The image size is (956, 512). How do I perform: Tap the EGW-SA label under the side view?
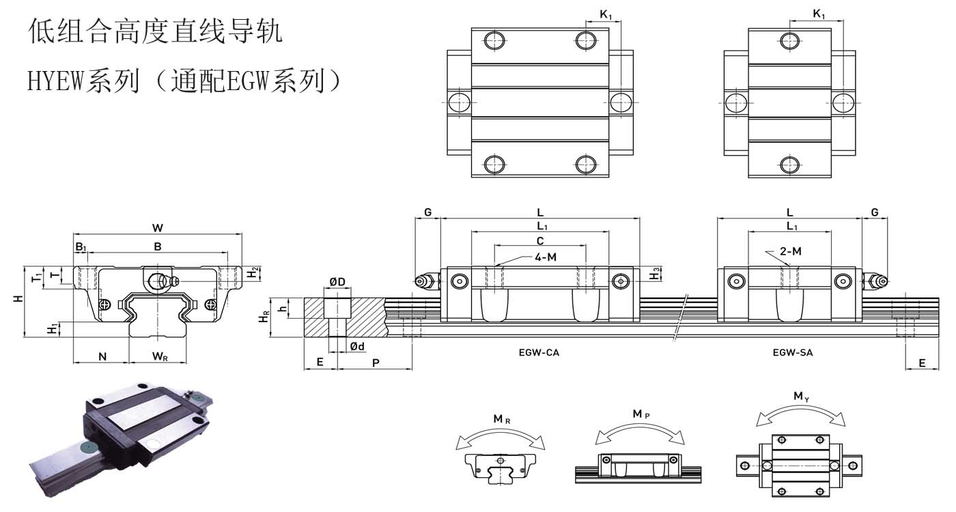pos(793,353)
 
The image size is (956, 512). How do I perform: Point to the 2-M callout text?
pos(791,251)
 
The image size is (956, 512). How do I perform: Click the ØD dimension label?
pos(337,283)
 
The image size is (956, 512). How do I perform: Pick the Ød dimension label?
pos(357,347)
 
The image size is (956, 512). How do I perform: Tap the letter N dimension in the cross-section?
pos(102,356)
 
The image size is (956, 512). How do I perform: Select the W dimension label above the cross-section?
pos(158,228)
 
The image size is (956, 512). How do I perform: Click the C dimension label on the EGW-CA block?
pos(540,240)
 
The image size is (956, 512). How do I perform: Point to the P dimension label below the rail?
pos(376,362)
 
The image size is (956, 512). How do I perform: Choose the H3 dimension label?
pos(656,273)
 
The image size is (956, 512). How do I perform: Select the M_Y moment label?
pos(801,396)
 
